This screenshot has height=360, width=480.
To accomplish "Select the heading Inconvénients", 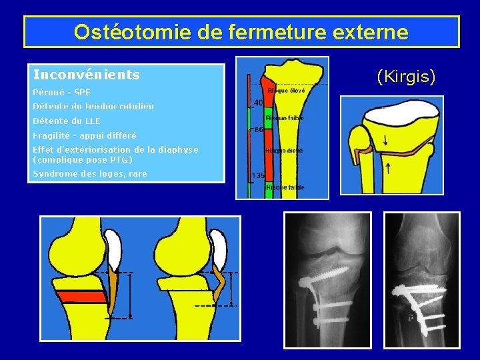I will (87, 75).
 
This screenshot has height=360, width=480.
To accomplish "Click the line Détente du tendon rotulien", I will (93, 107).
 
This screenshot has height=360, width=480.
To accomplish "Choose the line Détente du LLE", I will (67, 121).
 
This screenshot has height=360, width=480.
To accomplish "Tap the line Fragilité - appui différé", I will (85, 136).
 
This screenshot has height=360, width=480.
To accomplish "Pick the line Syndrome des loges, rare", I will (90, 175).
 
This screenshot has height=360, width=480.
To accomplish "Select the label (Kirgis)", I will (406, 78).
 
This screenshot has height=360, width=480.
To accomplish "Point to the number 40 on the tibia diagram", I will (258, 103).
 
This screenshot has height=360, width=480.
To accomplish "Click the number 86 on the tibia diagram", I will (258, 130).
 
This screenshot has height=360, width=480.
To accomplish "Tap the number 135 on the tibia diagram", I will (258, 176).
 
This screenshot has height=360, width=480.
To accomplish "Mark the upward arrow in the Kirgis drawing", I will (388, 168).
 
